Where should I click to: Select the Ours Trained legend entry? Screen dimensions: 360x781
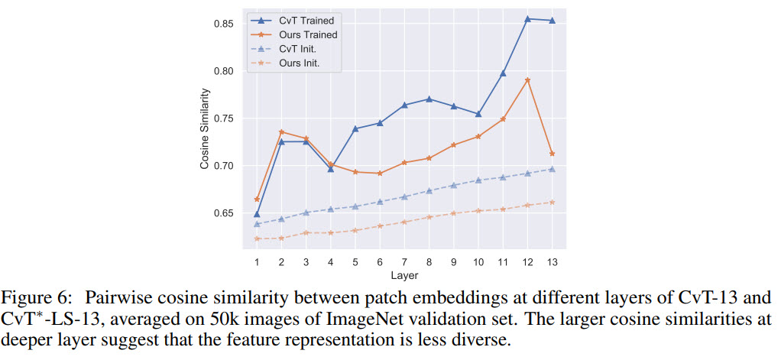pyautogui.click(x=308, y=35)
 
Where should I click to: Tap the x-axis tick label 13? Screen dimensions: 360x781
pyautogui.click(x=552, y=261)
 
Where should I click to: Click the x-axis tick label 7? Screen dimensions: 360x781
pyautogui.click(x=404, y=261)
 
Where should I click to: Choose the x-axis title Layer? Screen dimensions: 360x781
pyautogui.click(x=404, y=275)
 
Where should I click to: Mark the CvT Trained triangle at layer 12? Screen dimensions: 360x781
pyautogui.click(x=527, y=19)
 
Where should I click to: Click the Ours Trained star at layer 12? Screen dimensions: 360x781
pyautogui.click(x=527, y=80)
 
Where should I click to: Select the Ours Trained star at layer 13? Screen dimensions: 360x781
pyautogui.click(x=552, y=154)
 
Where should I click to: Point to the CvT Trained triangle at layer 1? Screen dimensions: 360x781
pyautogui.click(x=257, y=214)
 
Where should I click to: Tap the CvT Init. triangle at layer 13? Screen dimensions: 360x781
pyautogui.click(x=552, y=169)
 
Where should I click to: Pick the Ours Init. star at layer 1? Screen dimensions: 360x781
pyautogui.click(x=257, y=238)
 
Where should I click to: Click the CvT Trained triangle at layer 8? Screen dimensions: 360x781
pyautogui.click(x=429, y=99)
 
